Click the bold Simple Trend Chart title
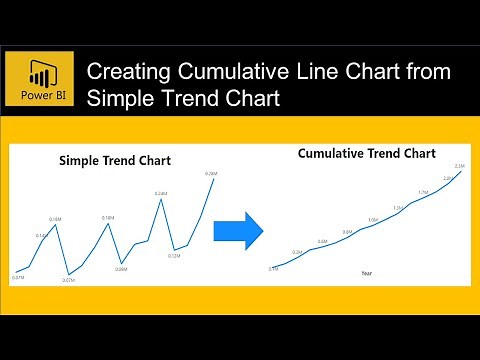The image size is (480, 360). tap(115, 160)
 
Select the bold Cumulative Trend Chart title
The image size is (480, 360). tap(366, 154)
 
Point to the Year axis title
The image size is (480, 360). tap(367, 273)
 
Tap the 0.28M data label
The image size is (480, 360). tap(210, 173)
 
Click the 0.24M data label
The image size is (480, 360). tap(161, 192)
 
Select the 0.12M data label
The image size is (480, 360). tap(173, 256)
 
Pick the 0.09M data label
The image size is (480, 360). tap(121, 268)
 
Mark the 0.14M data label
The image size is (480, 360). tap(42, 236)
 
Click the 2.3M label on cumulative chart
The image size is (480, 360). tap(459, 165)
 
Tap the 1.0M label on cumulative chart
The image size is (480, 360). tap(373, 220)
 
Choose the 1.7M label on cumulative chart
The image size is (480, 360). tap(423, 192)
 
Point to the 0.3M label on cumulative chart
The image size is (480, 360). tap(297, 252)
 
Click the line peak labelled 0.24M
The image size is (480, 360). tap(161, 200)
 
